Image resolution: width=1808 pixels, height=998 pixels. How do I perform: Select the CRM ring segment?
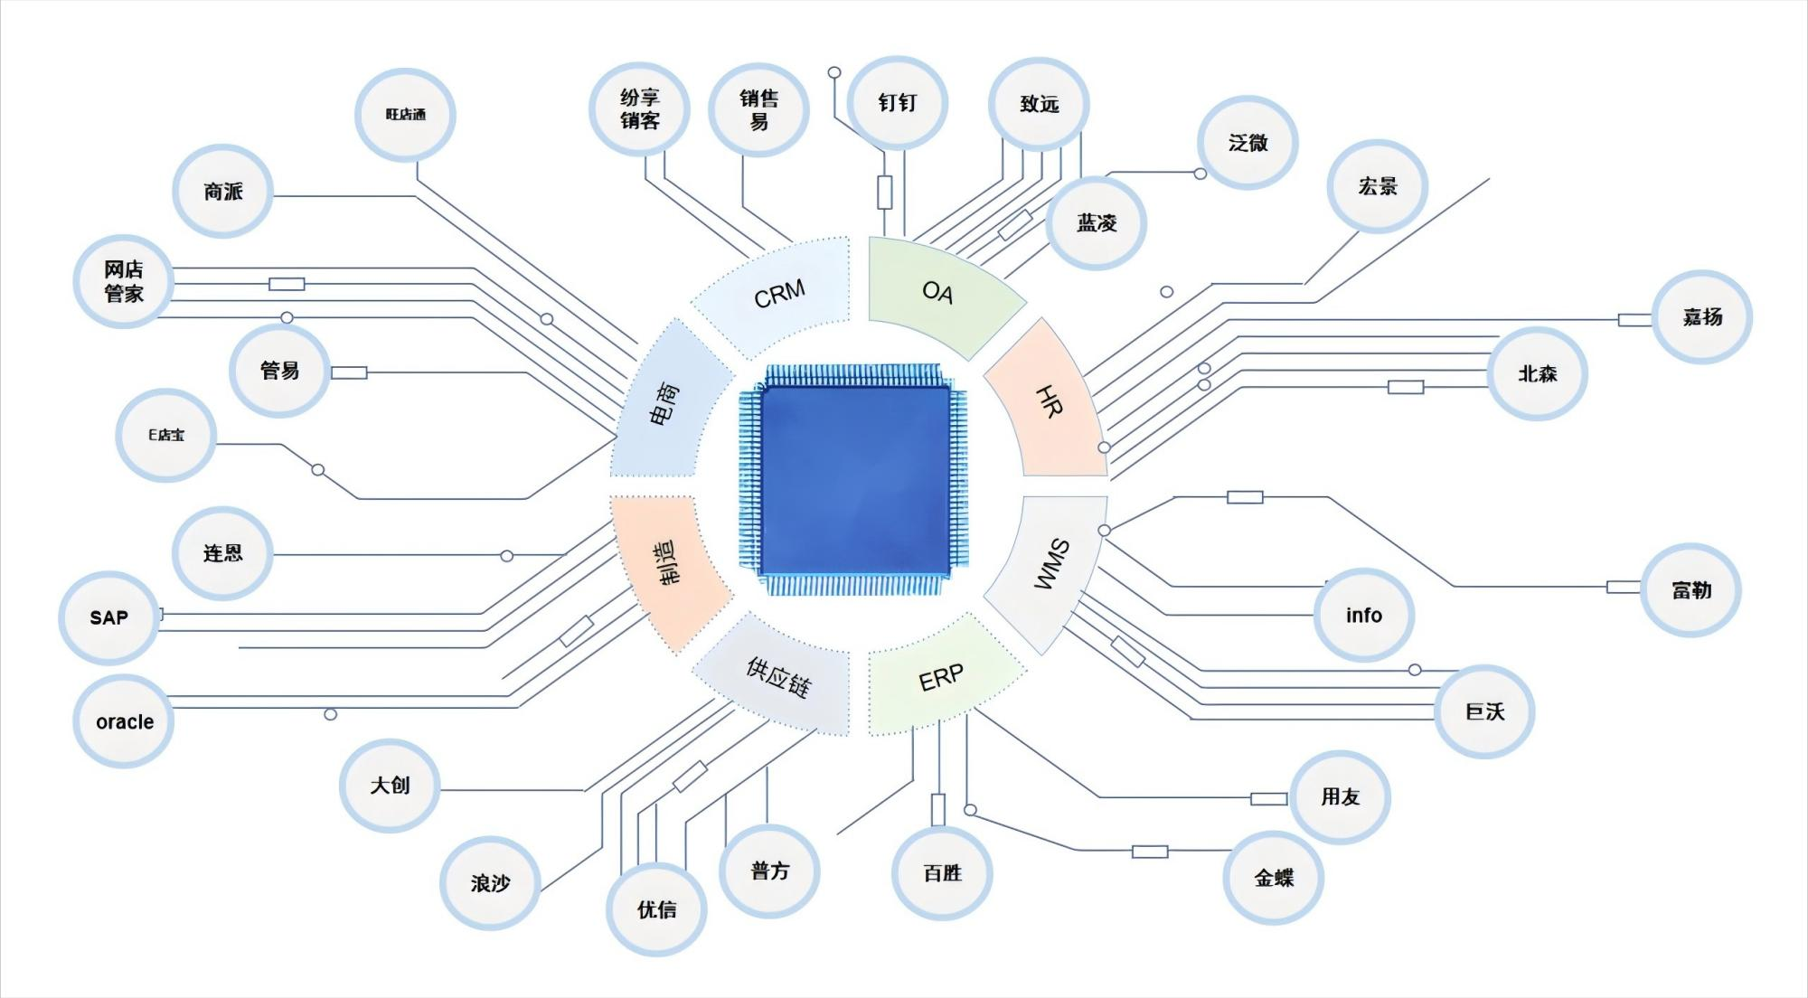(x=778, y=294)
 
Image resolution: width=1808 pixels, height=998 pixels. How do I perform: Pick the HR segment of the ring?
(x=1049, y=400)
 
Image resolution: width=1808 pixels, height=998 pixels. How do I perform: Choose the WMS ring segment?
(x=1050, y=565)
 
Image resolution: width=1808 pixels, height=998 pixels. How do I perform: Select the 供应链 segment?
(x=777, y=676)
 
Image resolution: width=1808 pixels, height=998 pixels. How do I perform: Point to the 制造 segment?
(x=665, y=562)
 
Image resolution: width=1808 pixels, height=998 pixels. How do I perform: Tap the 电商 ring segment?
(x=664, y=403)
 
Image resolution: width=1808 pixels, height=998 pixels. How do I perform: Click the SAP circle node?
(x=108, y=617)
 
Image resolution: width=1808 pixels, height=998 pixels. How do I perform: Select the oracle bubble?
(x=124, y=721)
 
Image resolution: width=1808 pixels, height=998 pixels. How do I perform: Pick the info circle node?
(x=1363, y=616)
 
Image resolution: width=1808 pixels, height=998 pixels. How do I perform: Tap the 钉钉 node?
(x=898, y=103)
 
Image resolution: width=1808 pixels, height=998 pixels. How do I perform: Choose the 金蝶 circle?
(x=1274, y=877)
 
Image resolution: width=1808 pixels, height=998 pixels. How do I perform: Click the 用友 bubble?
(x=1340, y=796)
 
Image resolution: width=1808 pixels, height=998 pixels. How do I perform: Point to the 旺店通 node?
(x=405, y=115)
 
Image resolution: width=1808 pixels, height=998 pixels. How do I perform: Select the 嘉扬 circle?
(x=1702, y=316)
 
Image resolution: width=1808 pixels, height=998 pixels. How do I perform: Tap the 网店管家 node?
(x=123, y=281)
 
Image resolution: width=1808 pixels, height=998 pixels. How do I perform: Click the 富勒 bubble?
(x=1690, y=590)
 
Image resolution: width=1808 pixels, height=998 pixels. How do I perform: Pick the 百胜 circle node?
(x=942, y=872)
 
